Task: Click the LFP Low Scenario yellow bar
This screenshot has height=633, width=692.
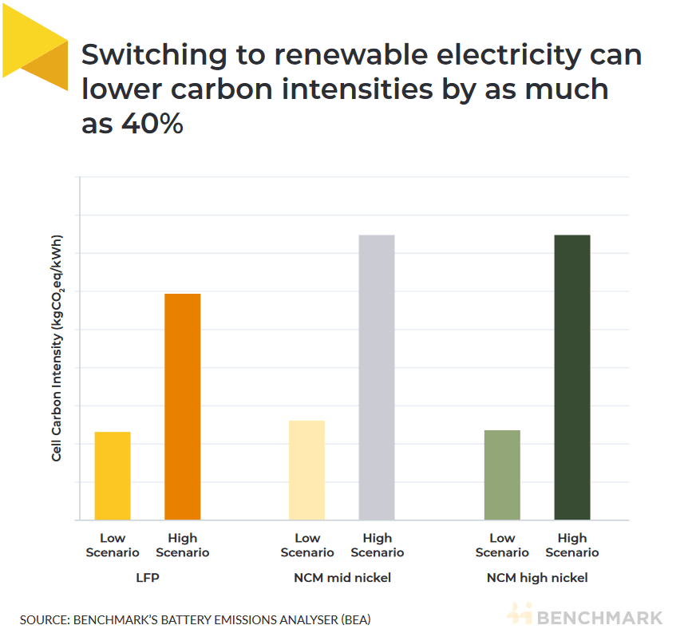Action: pyautogui.click(x=113, y=476)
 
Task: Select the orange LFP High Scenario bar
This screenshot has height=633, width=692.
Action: pyautogui.click(x=182, y=407)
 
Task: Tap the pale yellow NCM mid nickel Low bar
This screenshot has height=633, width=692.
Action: pyautogui.click(x=306, y=470)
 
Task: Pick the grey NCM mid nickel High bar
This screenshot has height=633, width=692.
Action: pyautogui.click(x=377, y=378)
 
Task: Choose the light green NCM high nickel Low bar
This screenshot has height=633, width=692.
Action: pyautogui.click(x=502, y=475)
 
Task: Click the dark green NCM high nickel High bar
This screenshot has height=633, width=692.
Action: pyautogui.click(x=571, y=378)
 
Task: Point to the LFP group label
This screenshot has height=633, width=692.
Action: pyautogui.click(x=147, y=577)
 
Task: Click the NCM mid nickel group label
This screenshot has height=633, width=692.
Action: pyautogui.click(x=342, y=577)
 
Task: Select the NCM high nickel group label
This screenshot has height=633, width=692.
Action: pyautogui.click(x=537, y=577)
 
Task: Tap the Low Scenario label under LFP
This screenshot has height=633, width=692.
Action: pyautogui.click(x=113, y=545)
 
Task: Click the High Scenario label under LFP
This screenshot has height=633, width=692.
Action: pyautogui.click(x=182, y=545)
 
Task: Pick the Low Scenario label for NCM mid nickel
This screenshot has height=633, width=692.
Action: pyautogui.click(x=306, y=545)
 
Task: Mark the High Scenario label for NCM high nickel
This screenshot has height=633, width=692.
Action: pyautogui.click(x=571, y=545)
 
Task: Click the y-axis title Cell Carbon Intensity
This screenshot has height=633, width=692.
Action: pyautogui.click(x=57, y=348)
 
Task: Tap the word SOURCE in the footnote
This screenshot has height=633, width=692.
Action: pyautogui.click(x=43, y=619)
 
